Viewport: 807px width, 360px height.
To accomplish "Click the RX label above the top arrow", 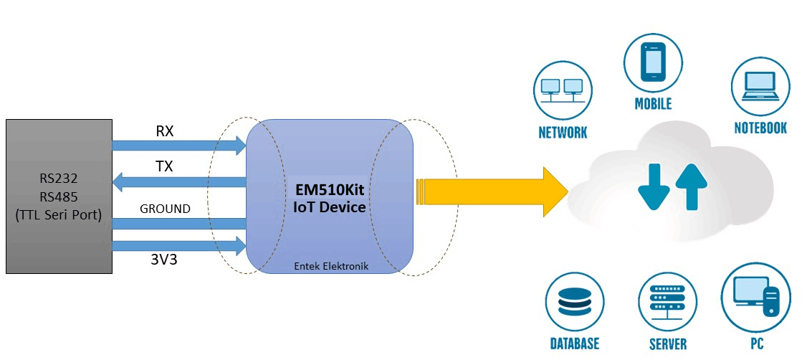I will tap(165, 132).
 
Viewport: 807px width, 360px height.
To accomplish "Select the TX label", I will tap(165, 166).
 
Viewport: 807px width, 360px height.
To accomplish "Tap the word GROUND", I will tap(165, 209).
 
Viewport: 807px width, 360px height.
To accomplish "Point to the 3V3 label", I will tap(165, 260).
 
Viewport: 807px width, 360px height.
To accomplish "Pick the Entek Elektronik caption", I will tap(330, 266).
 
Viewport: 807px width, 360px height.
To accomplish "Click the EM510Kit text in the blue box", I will tap(330, 191).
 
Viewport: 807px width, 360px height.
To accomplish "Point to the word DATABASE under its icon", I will tap(574, 344).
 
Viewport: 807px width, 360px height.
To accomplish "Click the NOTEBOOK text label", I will tap(760, 128).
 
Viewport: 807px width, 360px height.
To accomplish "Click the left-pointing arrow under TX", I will tap(179, 184).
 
